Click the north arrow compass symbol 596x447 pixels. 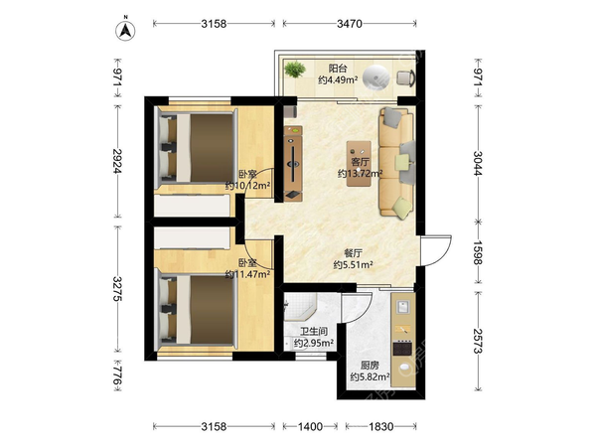125,29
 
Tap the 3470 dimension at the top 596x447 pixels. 350,24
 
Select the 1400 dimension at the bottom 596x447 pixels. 310,426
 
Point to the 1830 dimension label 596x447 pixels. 381,426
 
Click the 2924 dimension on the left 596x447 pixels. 118,161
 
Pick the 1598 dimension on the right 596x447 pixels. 478,252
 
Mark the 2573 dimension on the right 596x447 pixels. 478,341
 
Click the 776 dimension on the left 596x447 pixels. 118,375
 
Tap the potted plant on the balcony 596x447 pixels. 295,70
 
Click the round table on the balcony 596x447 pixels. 375,77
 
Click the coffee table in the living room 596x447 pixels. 359,164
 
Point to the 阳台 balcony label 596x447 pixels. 338,69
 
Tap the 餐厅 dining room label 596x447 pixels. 353,253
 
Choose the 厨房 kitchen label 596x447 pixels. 370,366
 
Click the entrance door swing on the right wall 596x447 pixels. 436,250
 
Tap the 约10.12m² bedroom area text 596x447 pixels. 247,186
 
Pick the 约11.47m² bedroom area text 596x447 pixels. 247,274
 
